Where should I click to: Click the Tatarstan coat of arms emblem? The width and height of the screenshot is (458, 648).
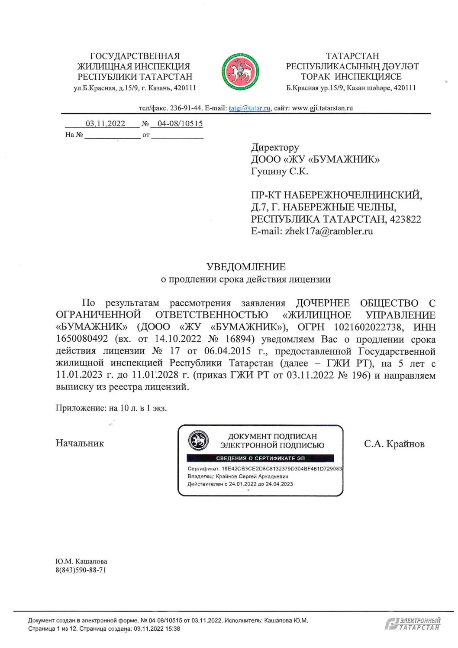[241, 71]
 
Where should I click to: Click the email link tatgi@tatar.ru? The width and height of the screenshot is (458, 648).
[249, 108]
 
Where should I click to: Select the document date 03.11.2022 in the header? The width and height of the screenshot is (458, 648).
[105, 124]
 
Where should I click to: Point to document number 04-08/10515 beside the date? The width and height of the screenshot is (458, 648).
[180, 124]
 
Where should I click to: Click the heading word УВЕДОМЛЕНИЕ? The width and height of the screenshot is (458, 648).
[246, 267]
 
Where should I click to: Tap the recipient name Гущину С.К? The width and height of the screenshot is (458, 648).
[280, 172]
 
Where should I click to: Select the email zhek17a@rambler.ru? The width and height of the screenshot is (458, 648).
[329, 231]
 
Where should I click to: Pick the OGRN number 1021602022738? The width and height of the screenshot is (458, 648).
[368, 327]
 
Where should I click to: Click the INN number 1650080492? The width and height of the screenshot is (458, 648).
[82, 339]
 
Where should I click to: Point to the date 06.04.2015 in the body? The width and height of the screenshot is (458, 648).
[228, 351]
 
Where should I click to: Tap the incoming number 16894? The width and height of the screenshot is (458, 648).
[236, 339]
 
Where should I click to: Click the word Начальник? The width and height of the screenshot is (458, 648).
[80, 443]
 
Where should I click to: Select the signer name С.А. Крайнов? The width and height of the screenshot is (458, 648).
[394, 444]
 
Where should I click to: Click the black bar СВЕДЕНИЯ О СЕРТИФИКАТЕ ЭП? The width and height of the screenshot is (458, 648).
[260, 458]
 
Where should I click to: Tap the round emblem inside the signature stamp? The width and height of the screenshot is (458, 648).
[198, 441]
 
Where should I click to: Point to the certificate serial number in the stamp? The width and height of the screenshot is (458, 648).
[281, 469]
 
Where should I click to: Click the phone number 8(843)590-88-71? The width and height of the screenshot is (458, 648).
[81, 570]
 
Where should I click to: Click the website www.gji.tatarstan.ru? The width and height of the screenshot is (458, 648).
[323, 108]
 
